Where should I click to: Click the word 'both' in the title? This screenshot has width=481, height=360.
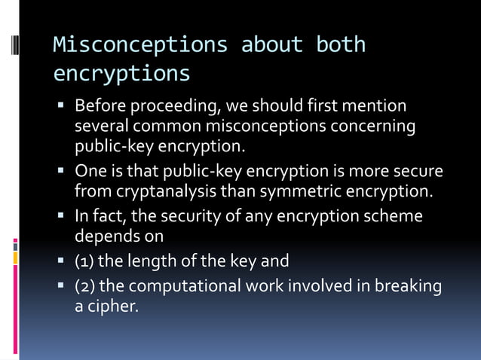(341, 45)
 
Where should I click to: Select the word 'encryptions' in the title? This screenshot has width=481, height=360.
(121, 75)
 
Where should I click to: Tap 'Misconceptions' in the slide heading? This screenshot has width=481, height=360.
(140, 45)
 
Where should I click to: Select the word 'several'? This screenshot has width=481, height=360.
(100, 126)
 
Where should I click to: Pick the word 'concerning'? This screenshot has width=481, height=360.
(372, 126)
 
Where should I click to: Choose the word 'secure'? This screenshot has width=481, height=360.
(418, 171)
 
